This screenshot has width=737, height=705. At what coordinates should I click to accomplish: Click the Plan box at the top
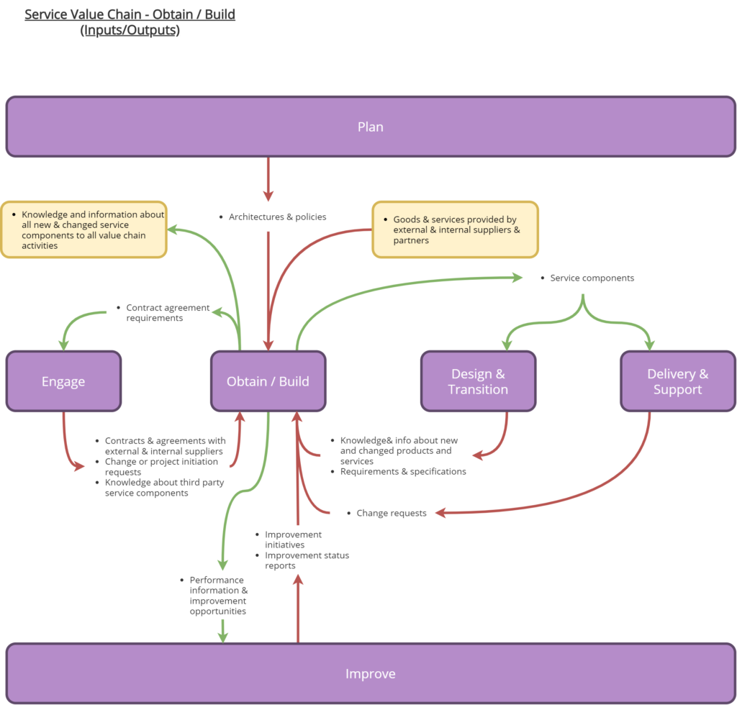371,127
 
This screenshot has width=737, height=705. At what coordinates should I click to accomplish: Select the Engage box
63,381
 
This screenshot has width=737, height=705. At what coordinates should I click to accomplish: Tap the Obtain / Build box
268,381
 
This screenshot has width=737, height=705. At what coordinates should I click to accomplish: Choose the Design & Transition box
478,381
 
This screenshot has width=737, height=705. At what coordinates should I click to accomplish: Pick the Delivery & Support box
677,381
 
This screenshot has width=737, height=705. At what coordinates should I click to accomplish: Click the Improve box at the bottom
371,673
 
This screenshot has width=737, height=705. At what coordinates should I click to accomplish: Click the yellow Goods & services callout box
455,229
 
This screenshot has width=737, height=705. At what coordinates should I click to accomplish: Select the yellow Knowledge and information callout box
83,229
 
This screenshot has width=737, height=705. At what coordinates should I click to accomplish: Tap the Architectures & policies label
277,217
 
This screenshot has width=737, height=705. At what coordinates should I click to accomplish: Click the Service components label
592,278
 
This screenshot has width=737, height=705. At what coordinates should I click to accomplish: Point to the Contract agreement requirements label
168,312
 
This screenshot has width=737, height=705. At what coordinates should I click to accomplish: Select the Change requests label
392,513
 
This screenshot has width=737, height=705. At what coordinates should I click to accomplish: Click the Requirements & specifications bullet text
403,471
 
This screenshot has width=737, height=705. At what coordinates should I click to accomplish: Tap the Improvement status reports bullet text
307,560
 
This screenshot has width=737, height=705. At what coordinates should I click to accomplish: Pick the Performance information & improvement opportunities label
218,595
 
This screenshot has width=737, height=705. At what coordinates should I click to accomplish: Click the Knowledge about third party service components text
164,488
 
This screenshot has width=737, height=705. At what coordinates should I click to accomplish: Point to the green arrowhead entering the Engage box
63,345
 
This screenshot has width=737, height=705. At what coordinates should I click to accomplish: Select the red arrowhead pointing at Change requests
441,513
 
